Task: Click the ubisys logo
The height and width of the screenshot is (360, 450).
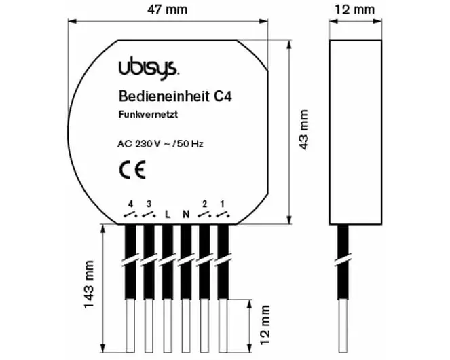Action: [x=149, y=68]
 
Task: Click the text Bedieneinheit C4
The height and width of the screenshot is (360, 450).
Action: [x=175, y=96]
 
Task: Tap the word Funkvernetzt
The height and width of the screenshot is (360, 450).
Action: [x=148, y=114]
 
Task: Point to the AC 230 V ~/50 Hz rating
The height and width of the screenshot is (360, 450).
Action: [x=160, y=143]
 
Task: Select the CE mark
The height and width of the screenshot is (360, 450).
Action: [x=132, y=170]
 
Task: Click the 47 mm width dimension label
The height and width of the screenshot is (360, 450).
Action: [x=168, y=10]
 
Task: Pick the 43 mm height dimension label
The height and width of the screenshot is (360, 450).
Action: [x=303, y=129]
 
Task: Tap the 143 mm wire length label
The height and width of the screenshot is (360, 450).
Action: [x=89, y=285]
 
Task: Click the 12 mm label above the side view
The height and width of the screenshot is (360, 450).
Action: [x=355, y=10]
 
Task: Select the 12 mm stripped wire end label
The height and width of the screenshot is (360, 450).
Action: [x=265, y=325]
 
